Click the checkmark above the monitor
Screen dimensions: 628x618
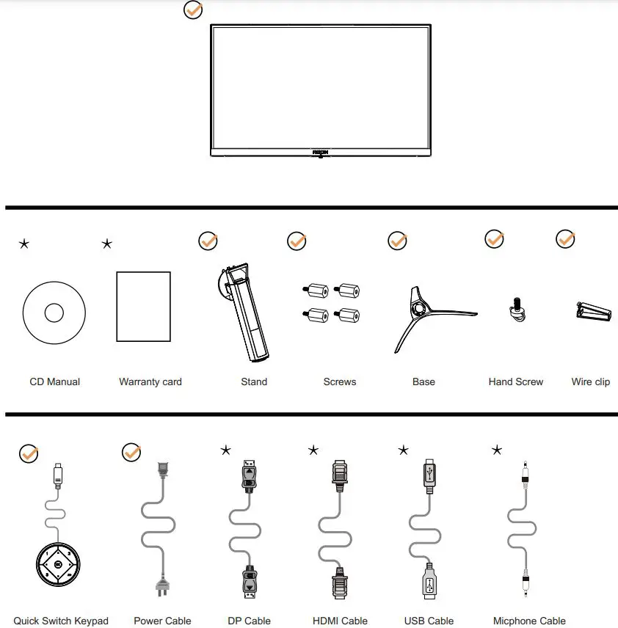point(193,10)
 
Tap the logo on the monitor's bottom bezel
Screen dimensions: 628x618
point(321,152)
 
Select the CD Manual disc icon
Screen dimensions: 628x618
point(54,313)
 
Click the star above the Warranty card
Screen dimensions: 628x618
point(107,244)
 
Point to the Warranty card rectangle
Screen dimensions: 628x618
point(144,307)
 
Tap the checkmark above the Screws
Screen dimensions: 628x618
point(297,241)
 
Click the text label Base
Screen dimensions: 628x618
point(423,381)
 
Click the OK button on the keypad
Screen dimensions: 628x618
point(58,565)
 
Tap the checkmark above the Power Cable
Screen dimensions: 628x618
point(131,452)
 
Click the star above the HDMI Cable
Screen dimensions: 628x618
point(313,450)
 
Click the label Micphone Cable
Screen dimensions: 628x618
point(529,621)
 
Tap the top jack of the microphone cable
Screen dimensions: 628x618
point(525,475)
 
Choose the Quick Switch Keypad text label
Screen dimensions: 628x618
point(61,621)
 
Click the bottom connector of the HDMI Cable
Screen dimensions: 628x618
point(339,584)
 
